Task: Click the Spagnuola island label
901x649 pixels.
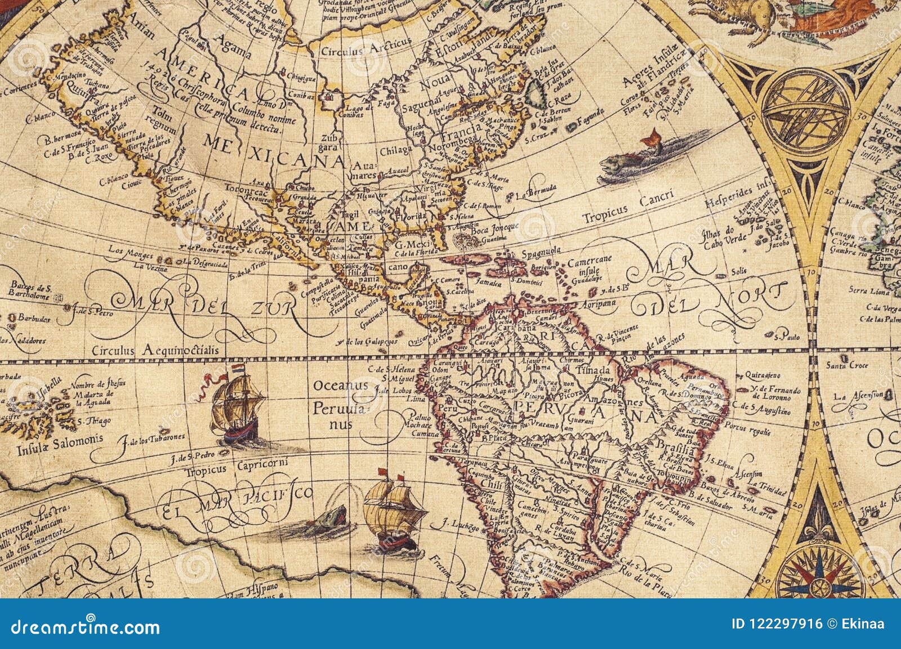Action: tap(545, 253)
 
